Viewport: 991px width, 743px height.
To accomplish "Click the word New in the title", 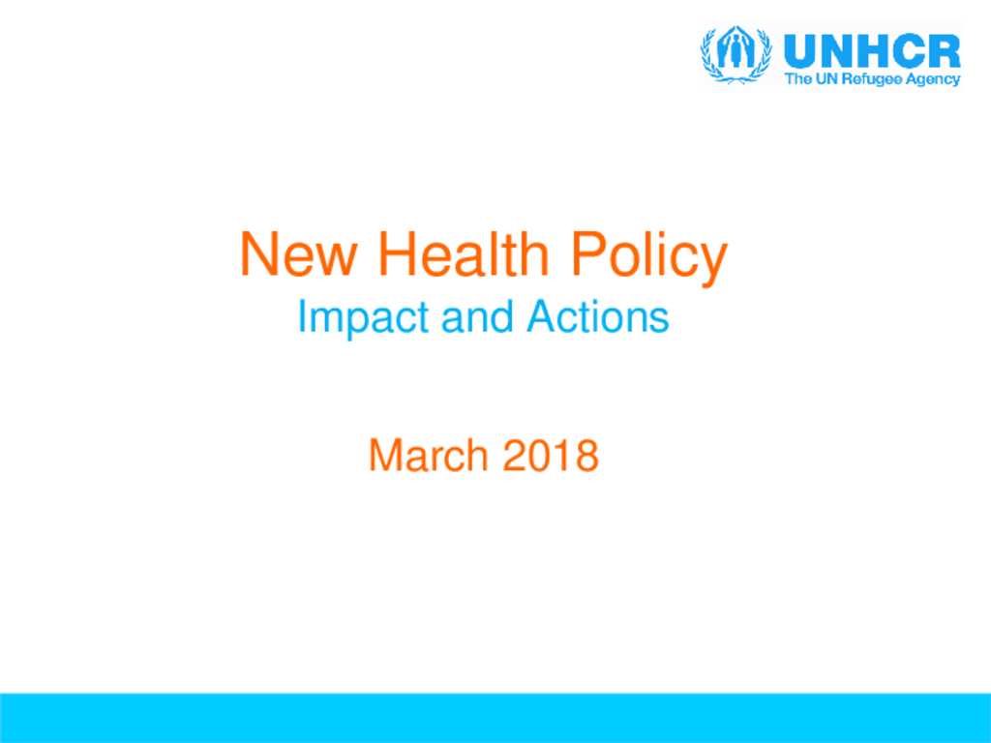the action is point(298,254).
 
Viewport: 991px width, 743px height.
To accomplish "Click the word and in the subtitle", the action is point(477,316).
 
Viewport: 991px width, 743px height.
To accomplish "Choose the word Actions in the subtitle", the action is point(597,316).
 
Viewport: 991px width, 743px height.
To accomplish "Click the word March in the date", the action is point(428,455).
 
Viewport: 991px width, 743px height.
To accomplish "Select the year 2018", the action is point(550,455).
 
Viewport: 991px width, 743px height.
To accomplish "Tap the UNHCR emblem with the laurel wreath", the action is point(736,54).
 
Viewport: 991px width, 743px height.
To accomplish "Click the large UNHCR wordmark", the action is point(872,50).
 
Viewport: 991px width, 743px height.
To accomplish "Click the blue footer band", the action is point(495,718).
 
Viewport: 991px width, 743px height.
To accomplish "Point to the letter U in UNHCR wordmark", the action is point(799,51).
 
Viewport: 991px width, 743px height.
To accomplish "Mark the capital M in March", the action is point(384,455).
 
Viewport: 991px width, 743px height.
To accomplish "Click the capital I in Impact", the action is point(301,316).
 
